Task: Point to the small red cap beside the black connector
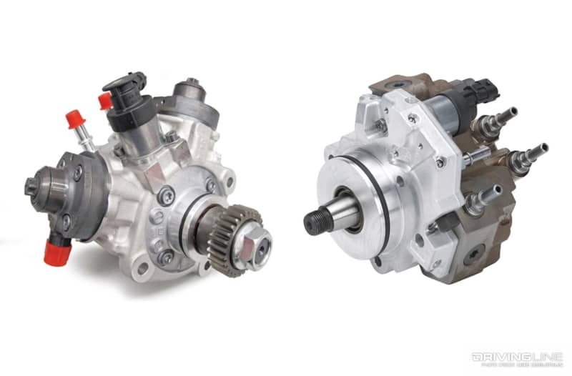click(105, 101)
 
